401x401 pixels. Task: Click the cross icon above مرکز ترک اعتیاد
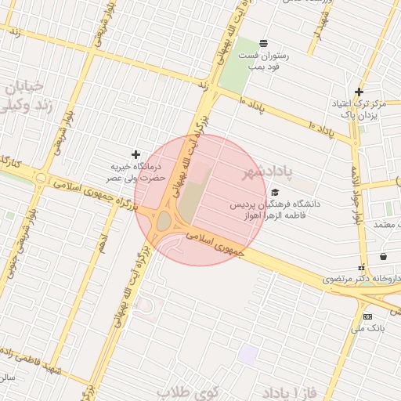pos(359,92)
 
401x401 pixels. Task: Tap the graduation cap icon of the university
pos(274,192)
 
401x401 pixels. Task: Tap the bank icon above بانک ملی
pos(368,316)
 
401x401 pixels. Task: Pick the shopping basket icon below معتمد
pos(383,256)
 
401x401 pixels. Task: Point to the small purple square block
pos(249,354)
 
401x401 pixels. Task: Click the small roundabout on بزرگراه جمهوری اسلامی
pos(39,178)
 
